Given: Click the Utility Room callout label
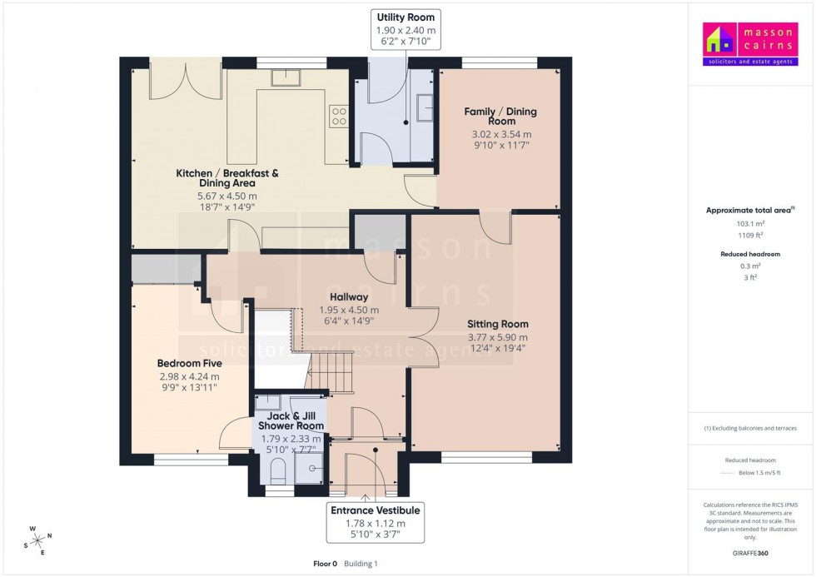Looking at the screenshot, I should tap(406, 29).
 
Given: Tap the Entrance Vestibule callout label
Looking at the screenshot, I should tap(376, 522).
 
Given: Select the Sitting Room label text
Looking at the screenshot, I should tap(498, 324).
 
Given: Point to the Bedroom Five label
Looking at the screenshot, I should tap(189, 363).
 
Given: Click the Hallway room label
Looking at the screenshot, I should tap(349, 296).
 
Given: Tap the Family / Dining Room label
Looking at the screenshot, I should tap(501, 116).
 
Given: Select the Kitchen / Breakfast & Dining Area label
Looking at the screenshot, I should tap(227, 178).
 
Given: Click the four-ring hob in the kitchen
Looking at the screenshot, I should tap(339, 116).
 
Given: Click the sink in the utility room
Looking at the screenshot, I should tap(424, 107).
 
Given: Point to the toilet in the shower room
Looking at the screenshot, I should tap(277, 471).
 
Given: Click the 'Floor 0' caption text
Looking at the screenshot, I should tap(326, 564).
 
